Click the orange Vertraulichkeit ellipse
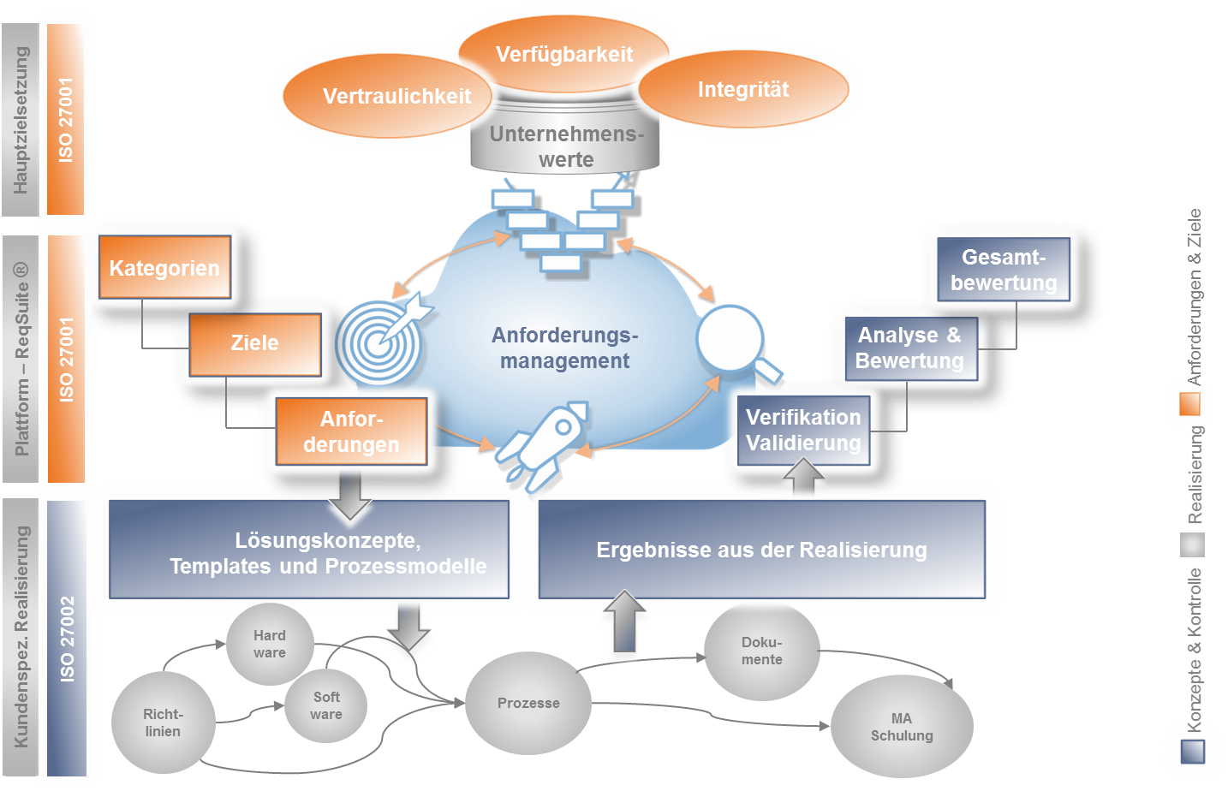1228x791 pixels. pos(390,96)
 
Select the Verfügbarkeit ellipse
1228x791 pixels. pos(563,53)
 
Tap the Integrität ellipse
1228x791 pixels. pos(743,89)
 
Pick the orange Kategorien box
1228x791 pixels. pos(164,268)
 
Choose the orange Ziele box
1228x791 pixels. pos(254,343)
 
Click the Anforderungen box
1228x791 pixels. pos(351,431)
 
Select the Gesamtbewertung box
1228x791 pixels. pos(1004,270)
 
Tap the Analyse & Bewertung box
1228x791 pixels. pos(909,348)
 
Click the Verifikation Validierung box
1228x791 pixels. pos(803,430)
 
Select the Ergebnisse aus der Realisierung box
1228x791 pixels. pos(761,550)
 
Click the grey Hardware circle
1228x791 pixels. pos(270,644)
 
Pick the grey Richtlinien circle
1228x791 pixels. pos(163,723)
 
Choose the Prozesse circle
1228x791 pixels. pos(528,703)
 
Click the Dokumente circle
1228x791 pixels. pos(761,651)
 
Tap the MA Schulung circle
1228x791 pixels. pos(901,727)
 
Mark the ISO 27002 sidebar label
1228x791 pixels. pos(67,639)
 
